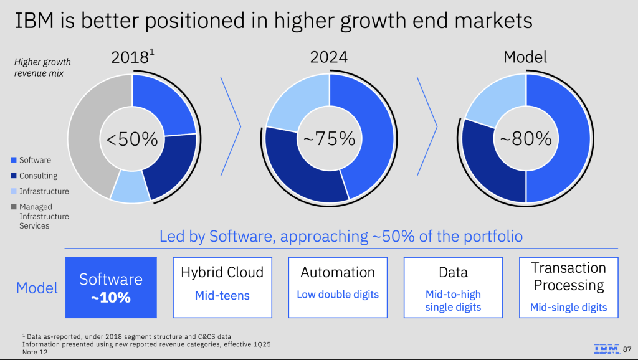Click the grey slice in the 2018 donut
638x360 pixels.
84,137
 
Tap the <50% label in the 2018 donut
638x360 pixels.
132,138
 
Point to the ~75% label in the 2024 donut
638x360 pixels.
330,138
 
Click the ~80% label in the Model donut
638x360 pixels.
526,138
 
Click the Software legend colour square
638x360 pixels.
14,160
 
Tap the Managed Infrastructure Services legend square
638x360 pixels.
14,207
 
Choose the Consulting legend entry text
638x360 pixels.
38,176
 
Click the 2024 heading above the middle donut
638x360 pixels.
329,58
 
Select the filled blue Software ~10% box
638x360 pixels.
111,288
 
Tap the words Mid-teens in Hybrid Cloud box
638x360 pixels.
222,295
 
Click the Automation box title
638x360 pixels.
338,272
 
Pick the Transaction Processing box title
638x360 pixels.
568,277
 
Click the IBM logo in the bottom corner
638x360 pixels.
606,349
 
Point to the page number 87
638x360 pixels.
627,349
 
